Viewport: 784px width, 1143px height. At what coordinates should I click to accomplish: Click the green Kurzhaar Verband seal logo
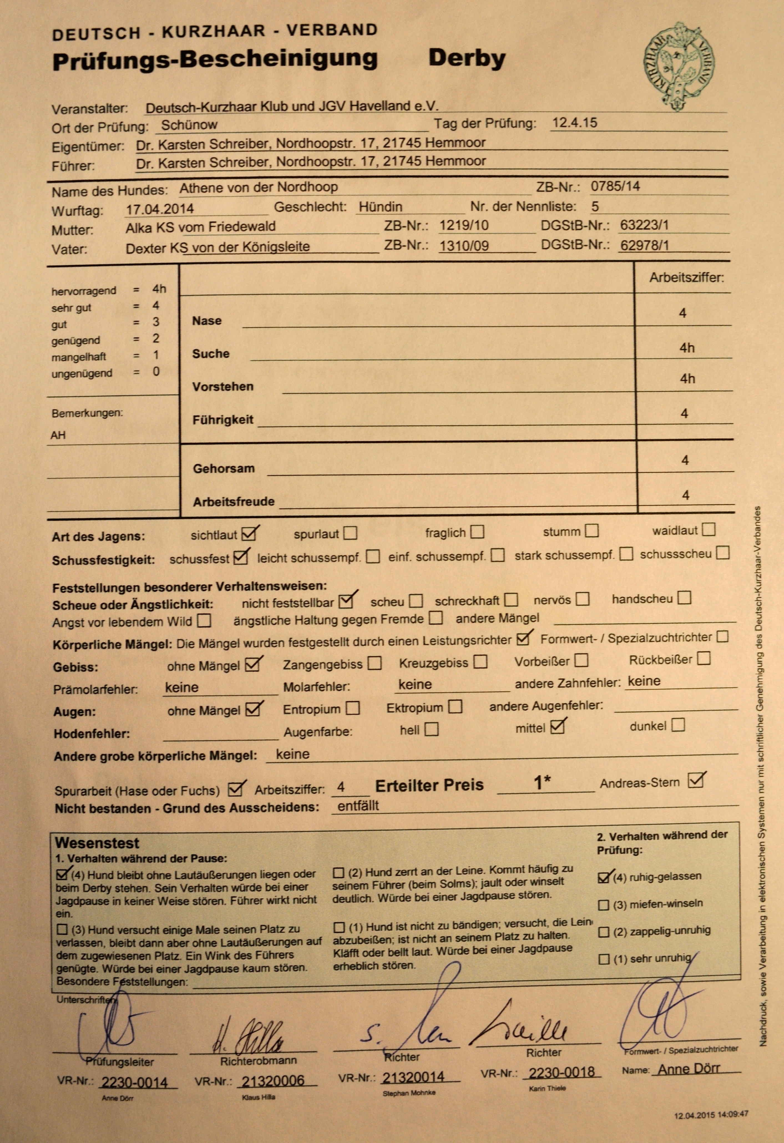[679, 65]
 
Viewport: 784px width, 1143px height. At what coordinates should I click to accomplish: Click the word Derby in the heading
[467, 59]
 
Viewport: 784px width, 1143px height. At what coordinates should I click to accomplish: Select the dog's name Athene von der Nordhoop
[258, 187]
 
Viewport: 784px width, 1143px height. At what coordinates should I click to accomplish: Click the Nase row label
[207, 321]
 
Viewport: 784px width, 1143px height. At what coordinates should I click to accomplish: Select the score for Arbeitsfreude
[686, 495]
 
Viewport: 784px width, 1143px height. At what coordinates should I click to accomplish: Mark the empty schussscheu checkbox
[722, 553]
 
